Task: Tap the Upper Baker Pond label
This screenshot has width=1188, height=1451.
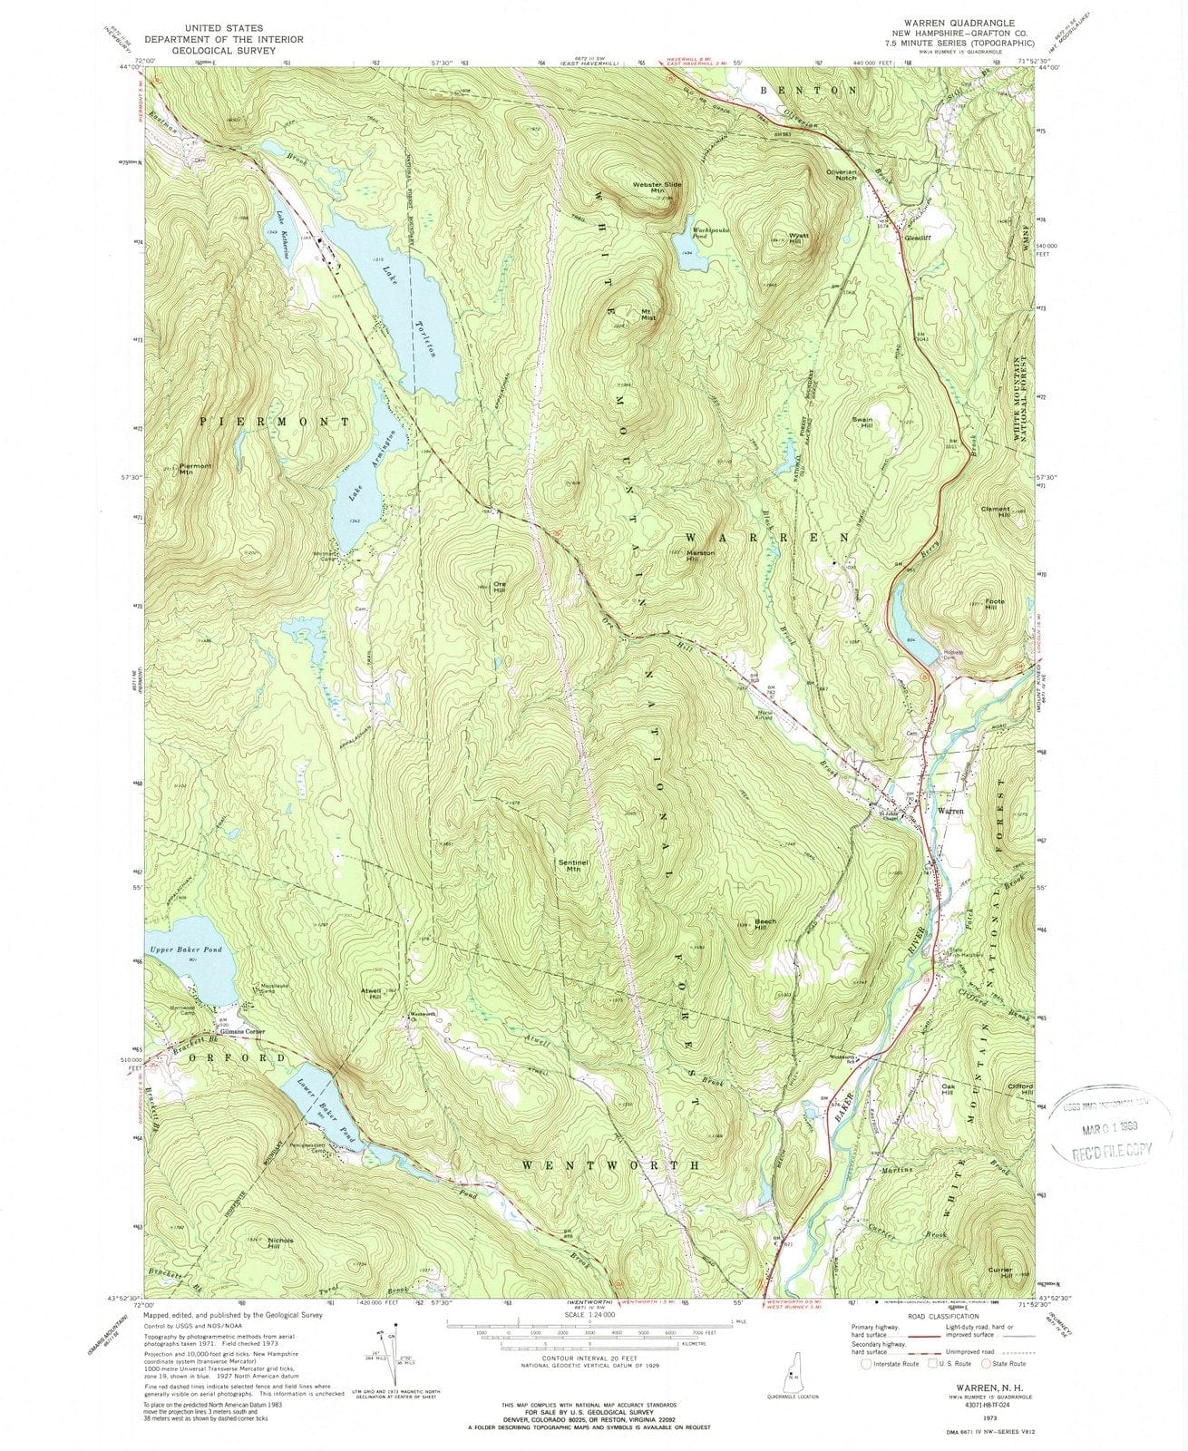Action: click(x=186, y=949)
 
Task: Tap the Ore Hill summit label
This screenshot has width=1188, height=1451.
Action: click(x=497, y=587)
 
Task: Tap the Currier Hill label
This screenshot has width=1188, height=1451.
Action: click(x=1000, y=1272)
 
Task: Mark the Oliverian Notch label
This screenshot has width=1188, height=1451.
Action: click(x=841, y=174)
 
